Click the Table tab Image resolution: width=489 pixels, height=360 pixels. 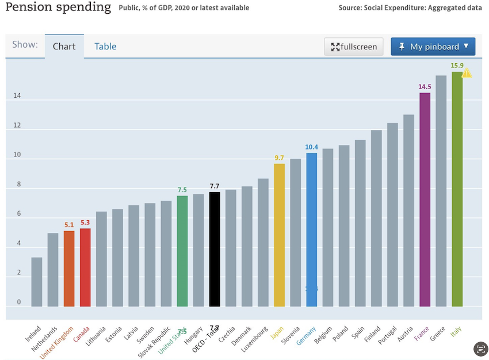coord(105,47)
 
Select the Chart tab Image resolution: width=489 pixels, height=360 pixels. coord(64,47)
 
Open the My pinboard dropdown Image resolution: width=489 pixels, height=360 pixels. coord(433,47)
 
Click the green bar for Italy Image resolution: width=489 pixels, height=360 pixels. coord(457,190)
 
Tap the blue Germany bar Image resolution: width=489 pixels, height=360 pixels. coord(312,229)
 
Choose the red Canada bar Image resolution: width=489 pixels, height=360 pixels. coord(85,267)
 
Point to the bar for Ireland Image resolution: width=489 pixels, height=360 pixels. coord(37,282)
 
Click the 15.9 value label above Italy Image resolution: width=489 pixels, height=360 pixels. coord(457,66)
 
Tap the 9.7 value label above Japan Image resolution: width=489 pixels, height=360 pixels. coord(279,158)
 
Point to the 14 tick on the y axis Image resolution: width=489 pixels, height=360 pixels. coord(17,96)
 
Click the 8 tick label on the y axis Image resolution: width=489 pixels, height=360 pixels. coord(17,185)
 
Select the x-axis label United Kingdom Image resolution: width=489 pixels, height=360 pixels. coord(56,344)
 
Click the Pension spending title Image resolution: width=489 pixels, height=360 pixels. coord(58,7)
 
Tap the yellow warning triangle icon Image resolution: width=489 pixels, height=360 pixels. coord(467,73)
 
